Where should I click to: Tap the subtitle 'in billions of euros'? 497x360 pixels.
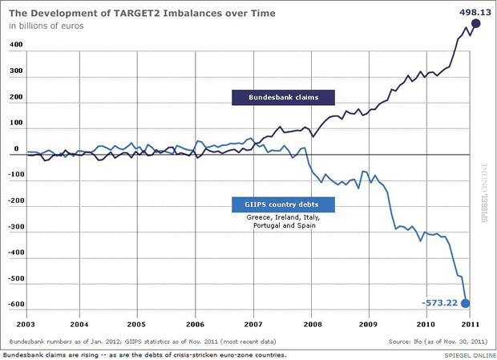click(x=47, y=26)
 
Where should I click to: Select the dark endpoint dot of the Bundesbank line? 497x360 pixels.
click(x=476, y=25)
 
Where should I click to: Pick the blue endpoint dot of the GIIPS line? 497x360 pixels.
click(x=466, y=302)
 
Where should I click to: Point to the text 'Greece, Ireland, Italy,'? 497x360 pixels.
click(x=283, y=217)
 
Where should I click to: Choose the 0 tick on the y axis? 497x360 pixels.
click(x=15, y=150)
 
